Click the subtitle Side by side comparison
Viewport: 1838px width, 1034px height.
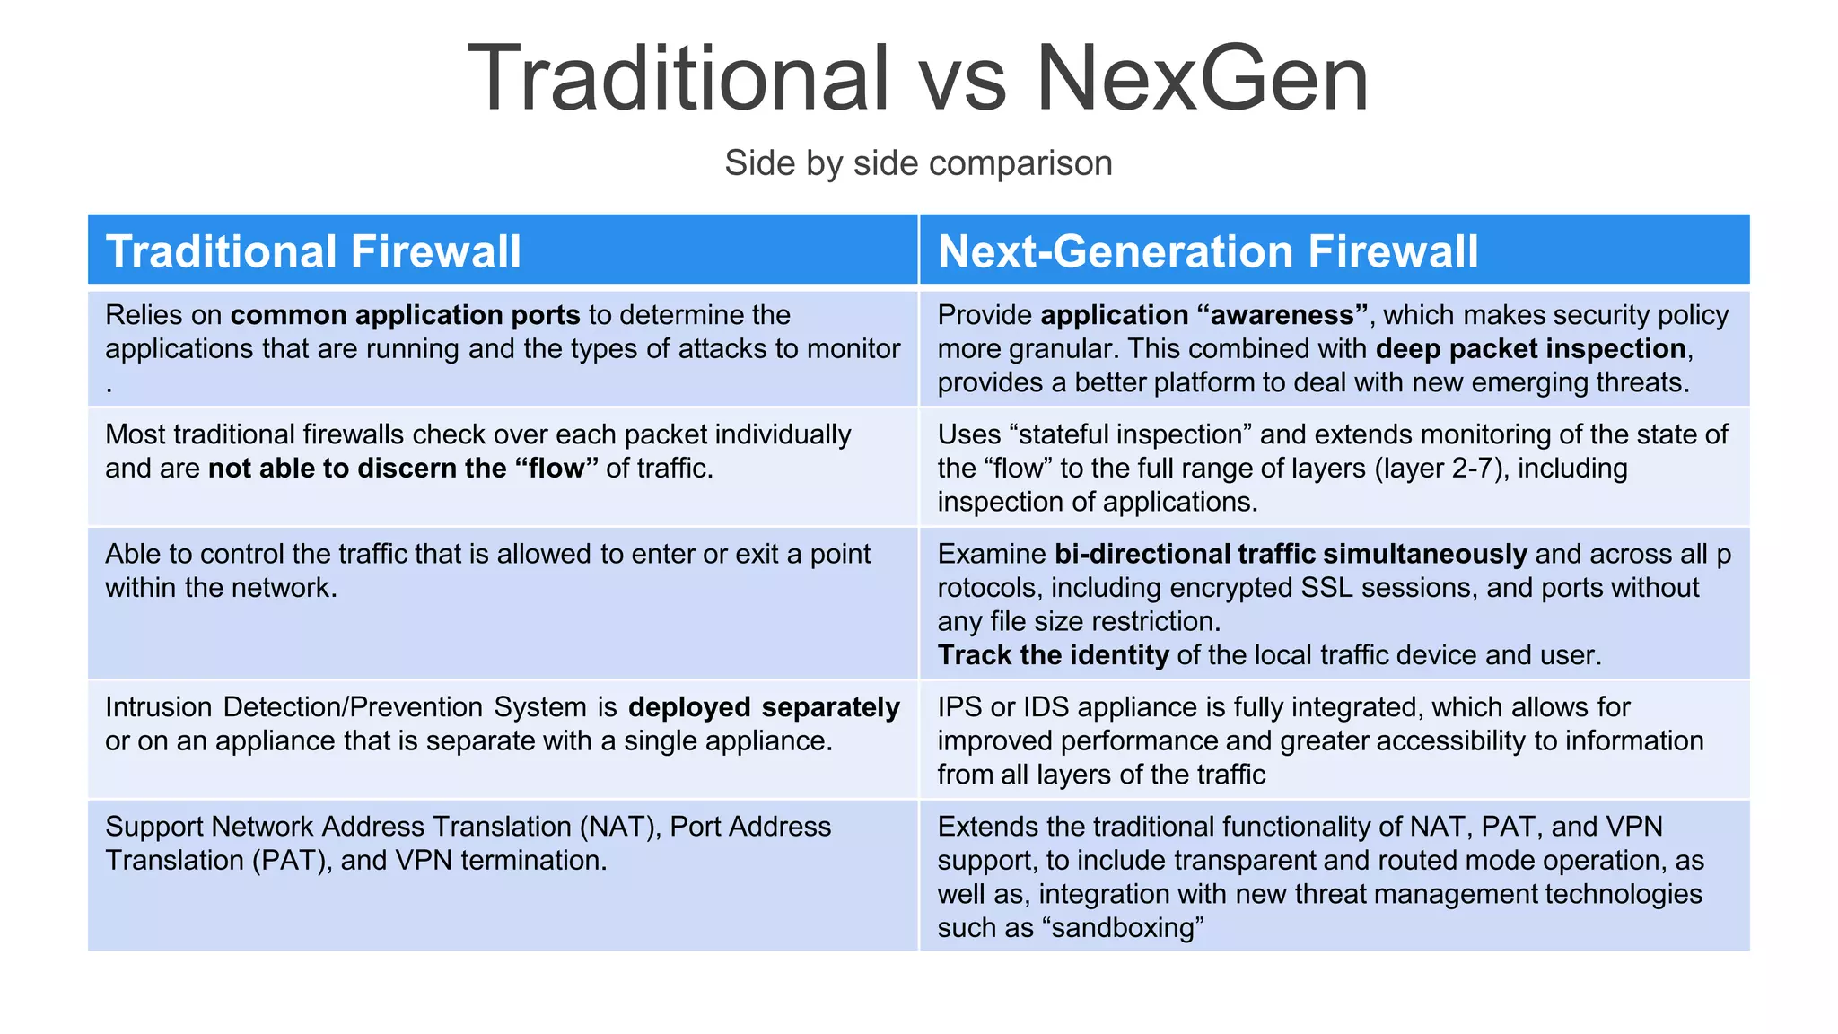point(918,163)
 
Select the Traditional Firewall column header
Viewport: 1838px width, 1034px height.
point(313,251)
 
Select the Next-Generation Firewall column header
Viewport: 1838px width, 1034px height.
point(1207,251)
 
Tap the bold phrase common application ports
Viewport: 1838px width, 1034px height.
point(405,315)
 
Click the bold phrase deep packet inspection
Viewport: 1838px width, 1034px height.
point(1530,348)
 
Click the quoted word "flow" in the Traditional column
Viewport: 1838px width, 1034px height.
point(556,469)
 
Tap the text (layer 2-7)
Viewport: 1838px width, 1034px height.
point(1438,469)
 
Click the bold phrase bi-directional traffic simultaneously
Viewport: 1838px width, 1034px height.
point(1291,554)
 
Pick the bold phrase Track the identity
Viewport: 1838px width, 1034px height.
point(1053,655)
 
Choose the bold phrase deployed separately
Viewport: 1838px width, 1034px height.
point(764,707)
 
